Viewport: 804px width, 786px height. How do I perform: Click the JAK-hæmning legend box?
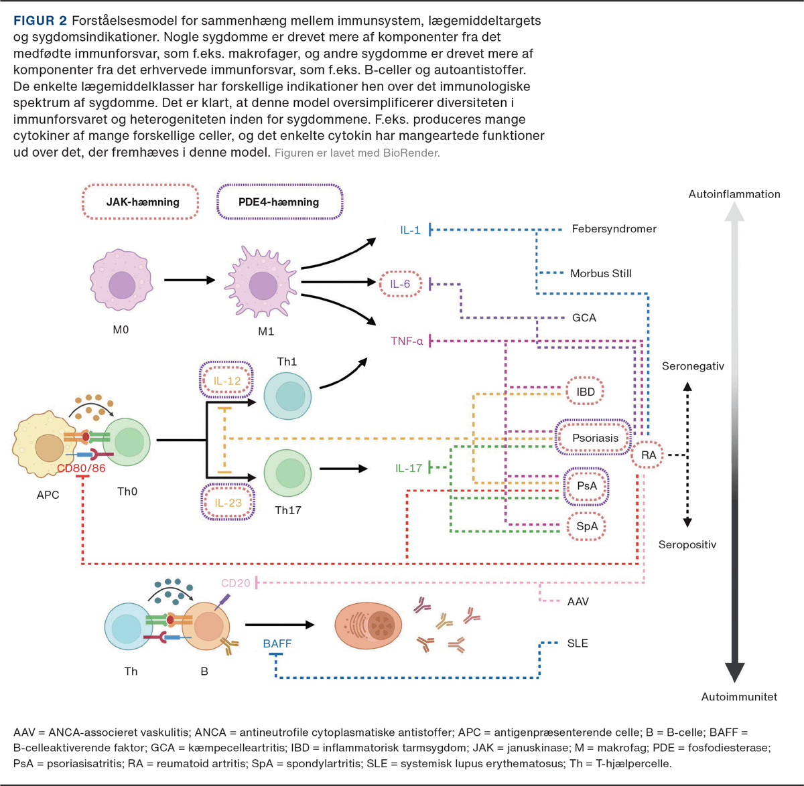[x=141, y=202]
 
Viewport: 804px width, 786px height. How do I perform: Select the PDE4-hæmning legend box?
[x=279, y=202]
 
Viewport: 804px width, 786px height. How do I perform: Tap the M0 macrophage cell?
[x=121, y=282]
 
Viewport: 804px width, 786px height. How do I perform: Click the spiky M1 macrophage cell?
[x=263, y=284]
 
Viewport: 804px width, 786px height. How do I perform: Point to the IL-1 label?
[x=410, y=230]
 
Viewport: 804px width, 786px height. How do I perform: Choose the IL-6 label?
[x=400, y=285]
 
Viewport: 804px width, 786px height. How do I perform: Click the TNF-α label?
[x=407, y=341]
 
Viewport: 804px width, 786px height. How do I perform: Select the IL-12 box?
[x=227, y=381]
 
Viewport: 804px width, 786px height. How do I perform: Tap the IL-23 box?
[x=227, y=502]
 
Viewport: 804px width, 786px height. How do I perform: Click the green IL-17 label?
[x=409, y=468]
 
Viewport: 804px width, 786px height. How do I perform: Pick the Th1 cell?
[x=287, y=396]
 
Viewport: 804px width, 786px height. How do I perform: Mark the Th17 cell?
[x=288, y=472]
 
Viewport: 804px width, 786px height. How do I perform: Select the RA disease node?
[x=649, y=455]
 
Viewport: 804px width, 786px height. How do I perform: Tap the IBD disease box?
[x=585, y=392]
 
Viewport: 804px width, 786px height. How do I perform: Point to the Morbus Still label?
[x=600, y=273]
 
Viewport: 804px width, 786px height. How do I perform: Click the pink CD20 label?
[x=236, y=583]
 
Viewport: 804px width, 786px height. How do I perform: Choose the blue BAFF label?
[x=277, y=643]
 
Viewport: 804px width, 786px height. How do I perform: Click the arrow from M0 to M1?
[x=190, y=280]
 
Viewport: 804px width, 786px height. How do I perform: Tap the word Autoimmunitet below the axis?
[x=739, y=697]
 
